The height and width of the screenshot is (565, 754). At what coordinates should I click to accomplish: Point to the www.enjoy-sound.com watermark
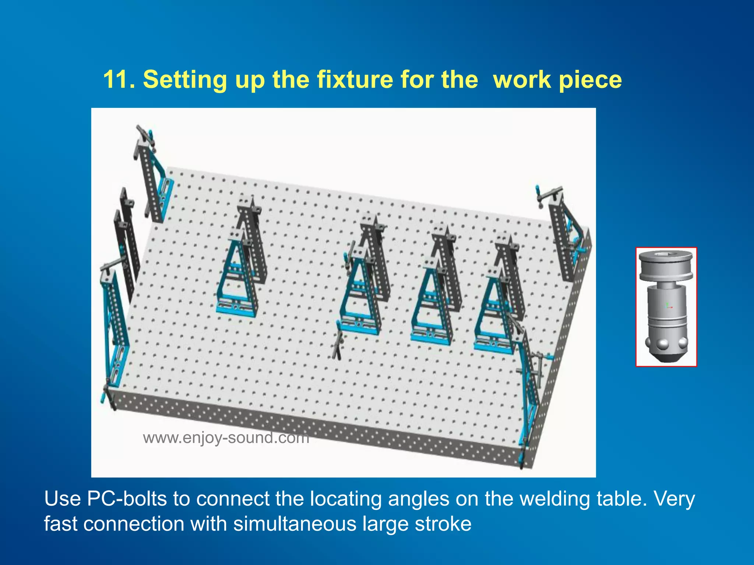click(226, 438)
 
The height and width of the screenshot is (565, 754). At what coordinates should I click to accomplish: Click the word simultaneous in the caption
click(295, 524)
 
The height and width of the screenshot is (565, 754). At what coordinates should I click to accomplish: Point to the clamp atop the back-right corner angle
click(549, 195)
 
